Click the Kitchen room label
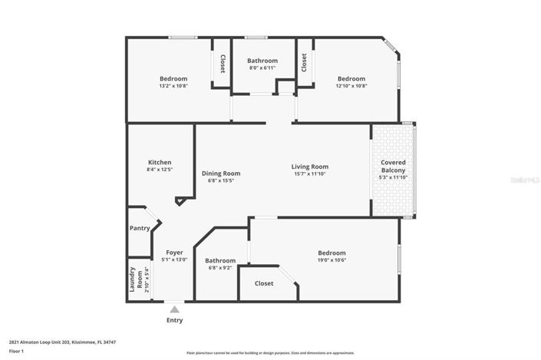(x=160, y=162)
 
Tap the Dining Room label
(x=221, y=173)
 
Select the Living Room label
(x=309, y=167)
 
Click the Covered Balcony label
(x=393, y=166)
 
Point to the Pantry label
(x=140, y=228)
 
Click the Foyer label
(x=174, y=252)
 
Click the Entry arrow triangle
(x=174, y=309)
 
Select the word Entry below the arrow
(x=174, y=320)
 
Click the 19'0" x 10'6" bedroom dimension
(x=332, y=260)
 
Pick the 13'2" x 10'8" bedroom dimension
(x=173, y=86)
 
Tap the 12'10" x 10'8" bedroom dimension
(x=351, y=86)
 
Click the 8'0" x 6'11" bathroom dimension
(x=262, y=68)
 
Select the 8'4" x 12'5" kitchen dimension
(x=160, y=170)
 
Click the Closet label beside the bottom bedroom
(x=263, y=283)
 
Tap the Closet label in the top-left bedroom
(x=222, y=64)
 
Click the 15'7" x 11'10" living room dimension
(x=309, y=174)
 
